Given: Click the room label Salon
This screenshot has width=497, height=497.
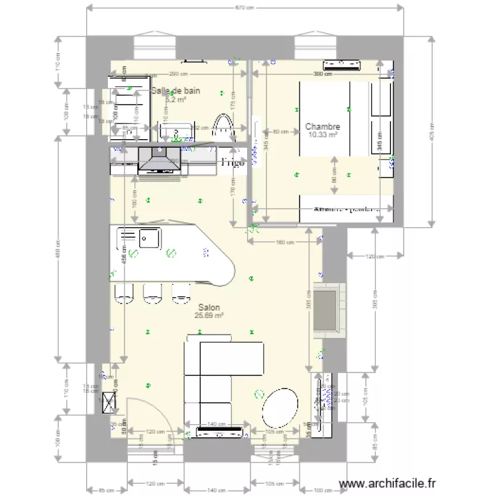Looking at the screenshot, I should (x=209, y=307).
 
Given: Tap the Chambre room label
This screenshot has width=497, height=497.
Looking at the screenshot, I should (x=323, y=127).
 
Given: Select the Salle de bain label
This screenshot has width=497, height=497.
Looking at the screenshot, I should (x=176, y=91).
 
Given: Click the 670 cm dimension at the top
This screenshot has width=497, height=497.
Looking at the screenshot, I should (x=245, y=8).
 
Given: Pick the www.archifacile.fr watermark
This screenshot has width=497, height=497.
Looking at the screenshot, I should (x=388, y=484).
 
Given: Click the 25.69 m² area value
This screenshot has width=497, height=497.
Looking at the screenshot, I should (x=209, y=316).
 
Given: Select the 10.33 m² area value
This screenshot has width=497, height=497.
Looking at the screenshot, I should (x=323, y=135).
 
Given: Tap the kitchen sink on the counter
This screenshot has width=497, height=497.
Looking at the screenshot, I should (x=148, y=237).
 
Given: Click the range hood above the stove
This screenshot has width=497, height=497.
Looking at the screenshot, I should (x=158, y=160).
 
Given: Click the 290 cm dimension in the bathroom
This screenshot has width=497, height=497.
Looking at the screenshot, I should (x=178, y=74).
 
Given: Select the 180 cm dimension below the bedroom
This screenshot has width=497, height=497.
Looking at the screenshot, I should (x=284, y=242).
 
